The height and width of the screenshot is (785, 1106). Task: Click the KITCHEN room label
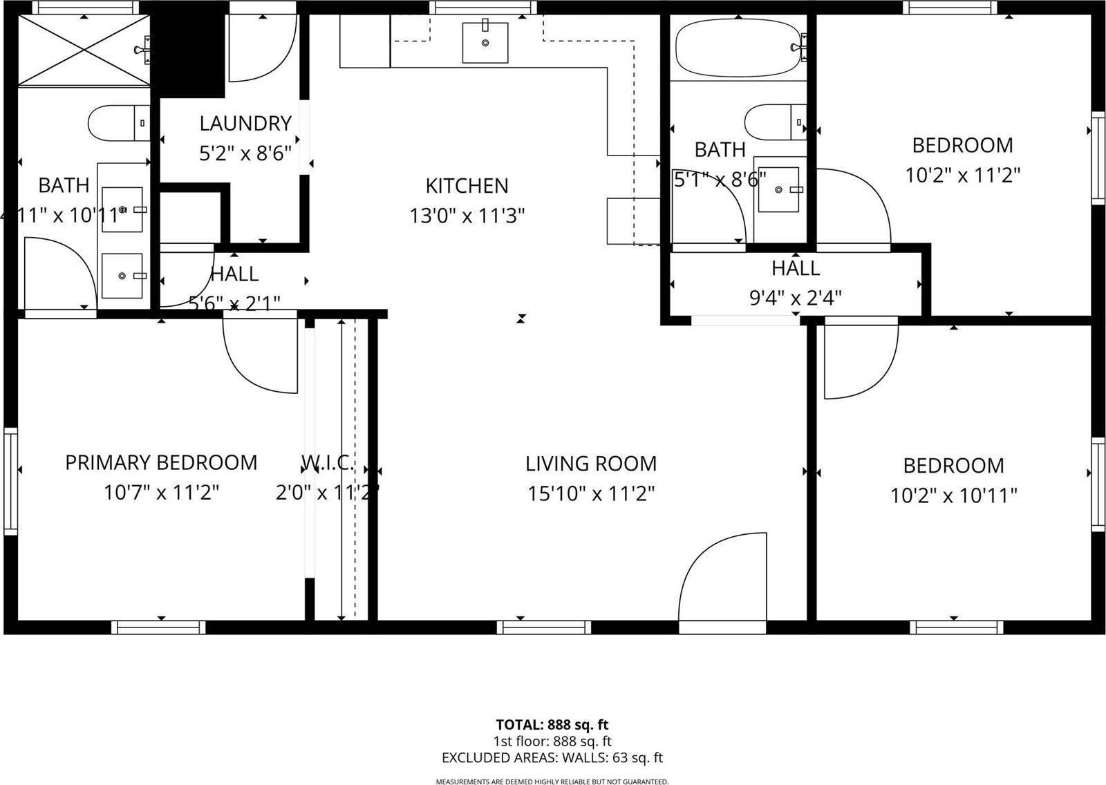click(467, 185)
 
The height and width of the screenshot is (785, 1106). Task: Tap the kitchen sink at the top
click(485, 42)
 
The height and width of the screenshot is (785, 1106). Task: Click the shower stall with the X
click(82, 49)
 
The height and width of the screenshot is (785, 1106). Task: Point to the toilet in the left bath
click(118, 124)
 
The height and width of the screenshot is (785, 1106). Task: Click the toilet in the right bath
click(775, 122)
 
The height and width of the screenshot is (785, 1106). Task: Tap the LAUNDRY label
click(245, 123)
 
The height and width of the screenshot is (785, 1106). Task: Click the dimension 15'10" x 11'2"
click(591, 493)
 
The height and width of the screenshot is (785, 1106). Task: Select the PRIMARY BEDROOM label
click(161, 462)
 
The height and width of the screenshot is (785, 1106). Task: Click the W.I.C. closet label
click(328, 462)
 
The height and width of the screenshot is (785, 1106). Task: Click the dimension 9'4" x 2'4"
click(796, 298)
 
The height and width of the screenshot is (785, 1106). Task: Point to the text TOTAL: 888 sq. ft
click(552, 725)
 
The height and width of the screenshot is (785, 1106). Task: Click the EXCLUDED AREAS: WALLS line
click(552, 757)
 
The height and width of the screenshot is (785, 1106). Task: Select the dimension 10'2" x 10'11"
click(953, 495)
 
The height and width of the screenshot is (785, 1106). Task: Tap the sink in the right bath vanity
click(779, 189)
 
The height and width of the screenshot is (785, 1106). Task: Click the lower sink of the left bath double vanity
click(122, 276)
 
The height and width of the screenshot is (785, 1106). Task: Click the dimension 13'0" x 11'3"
click(467, 216)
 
